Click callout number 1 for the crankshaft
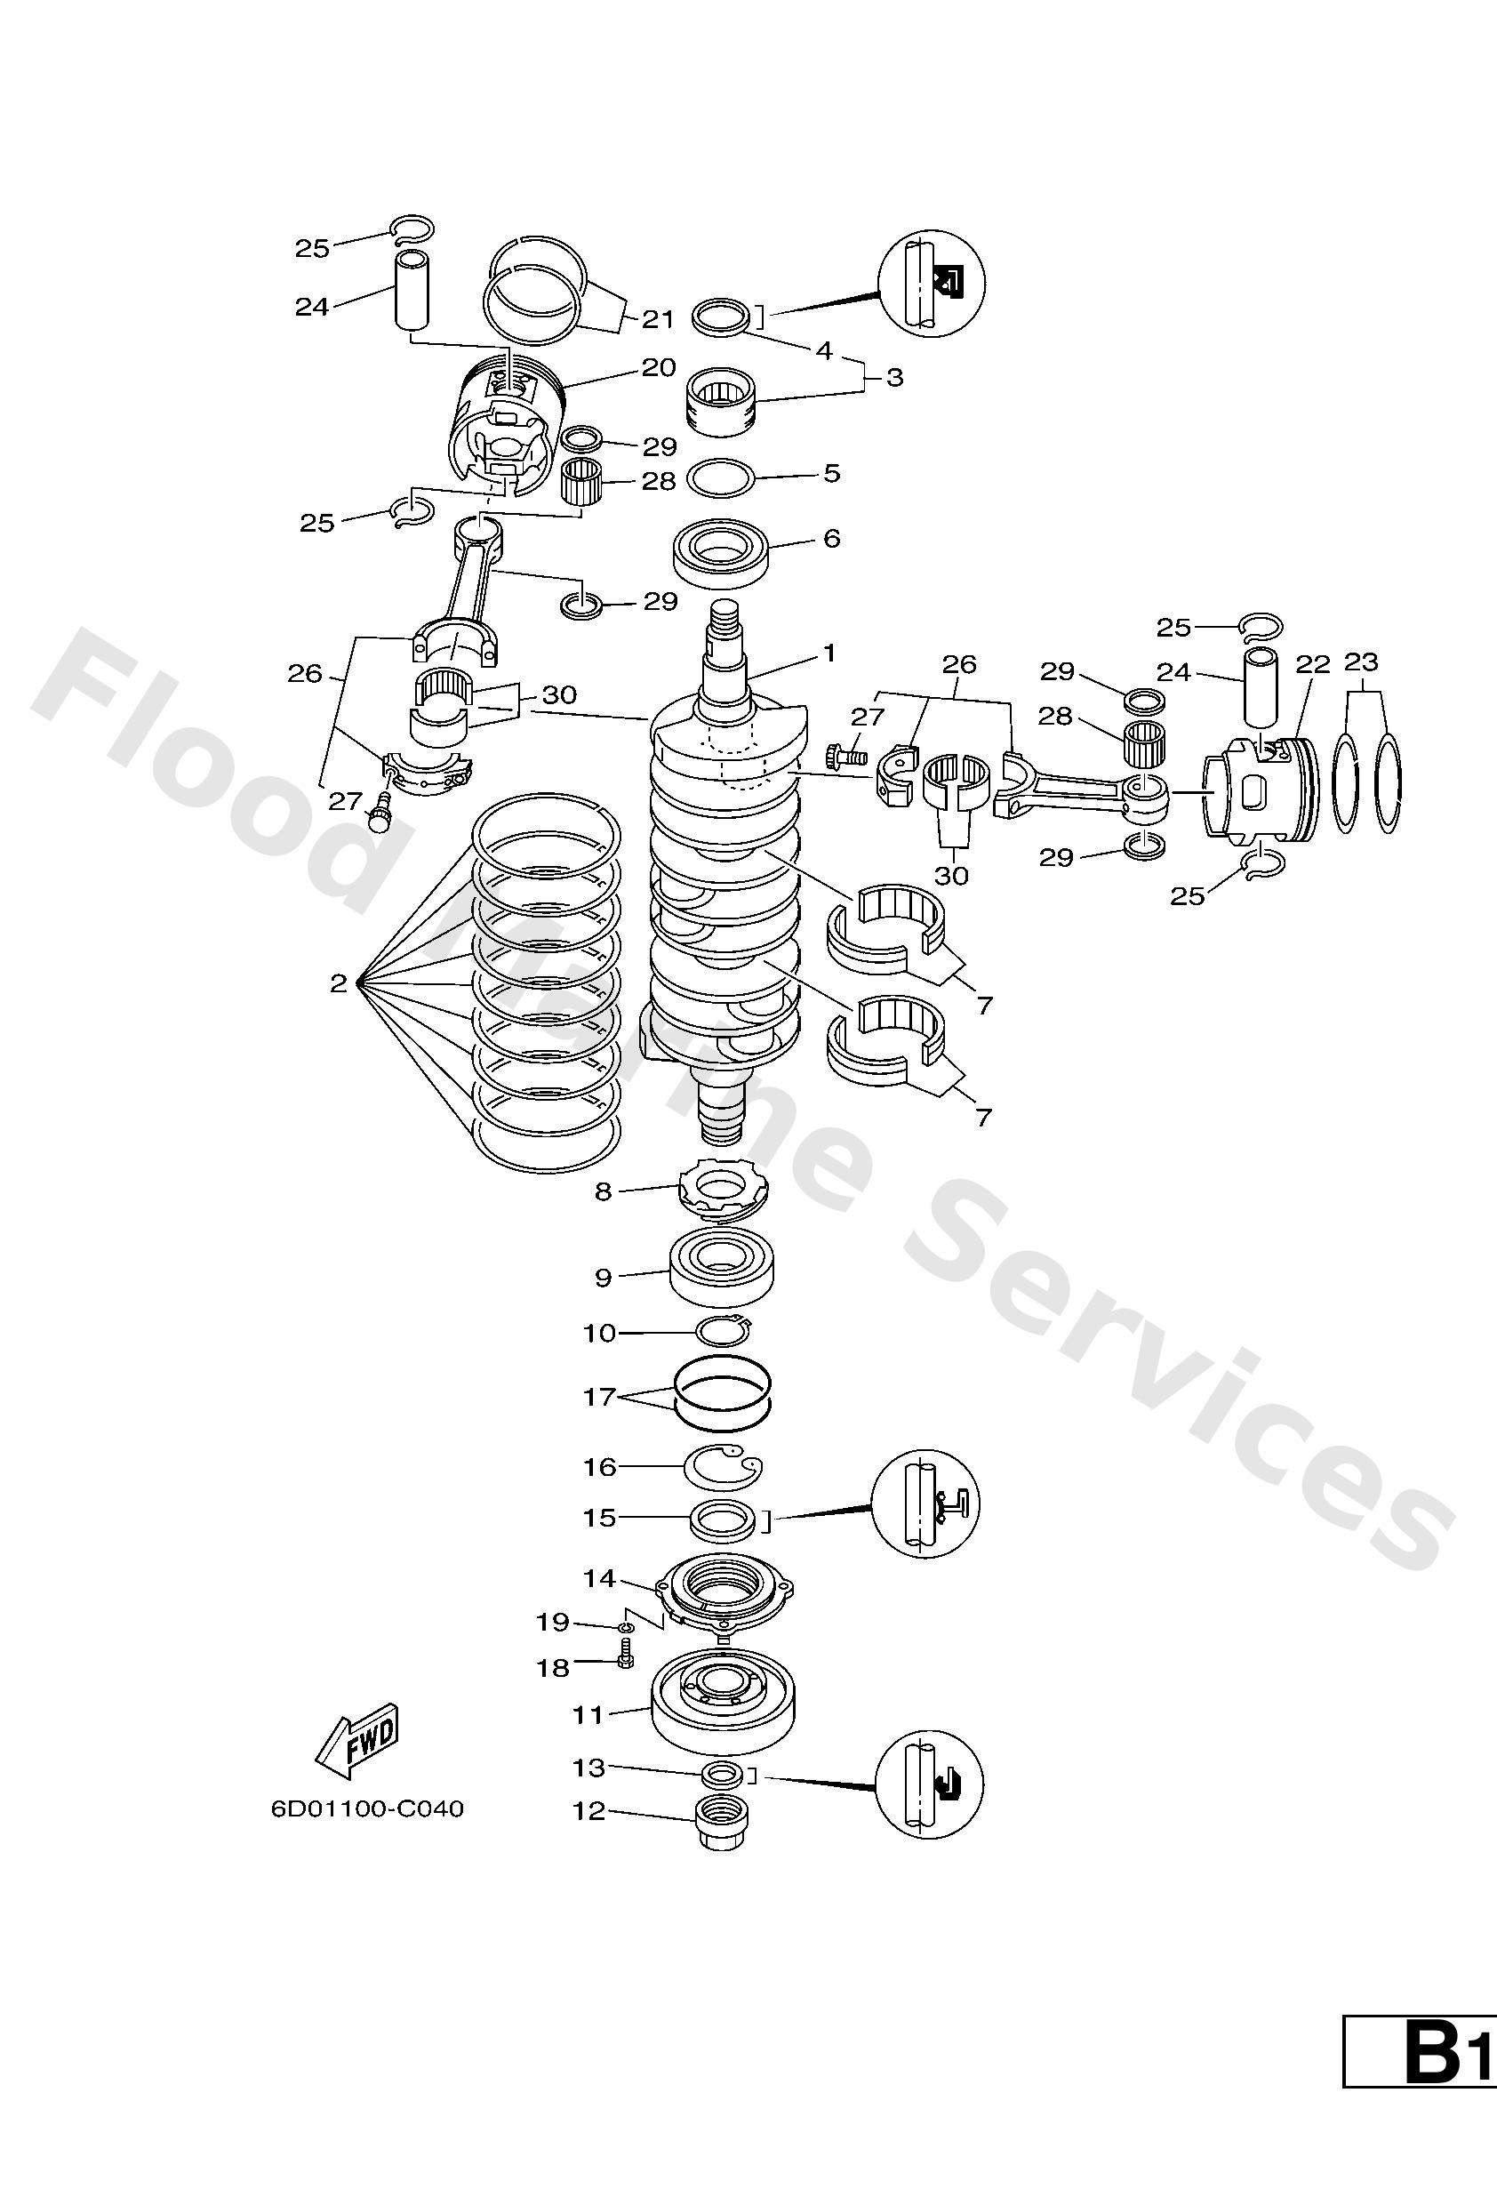click(x=829, y=653)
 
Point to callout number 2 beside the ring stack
click(x=339, y=984)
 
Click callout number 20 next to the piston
click(x=659, y=367)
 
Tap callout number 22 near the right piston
click(x=1313, y=664)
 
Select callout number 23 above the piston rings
click(x=1361, y=661)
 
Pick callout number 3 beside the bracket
click(x=893, y=378)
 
